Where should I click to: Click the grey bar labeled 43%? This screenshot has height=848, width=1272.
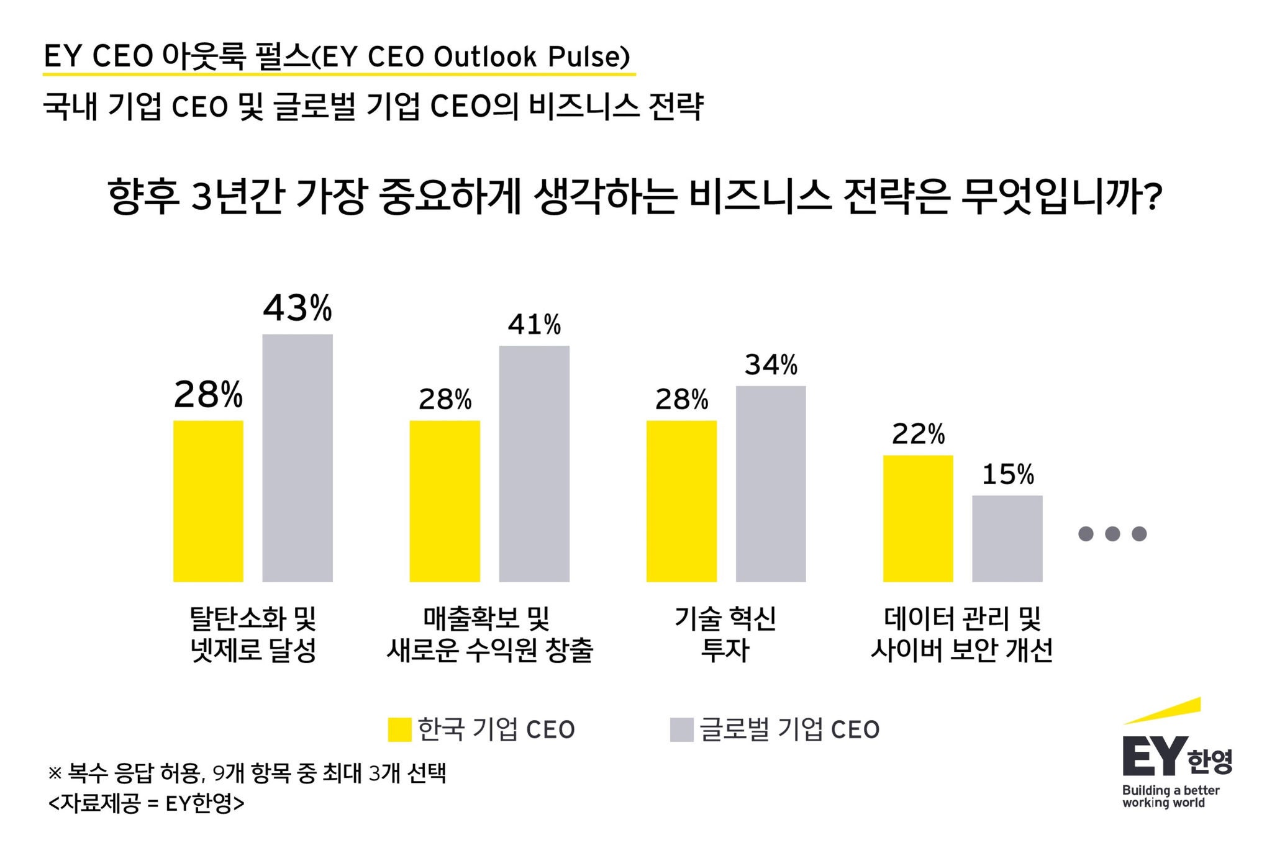point(298,458)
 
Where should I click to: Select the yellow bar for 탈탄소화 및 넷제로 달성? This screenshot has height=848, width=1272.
point(208,501)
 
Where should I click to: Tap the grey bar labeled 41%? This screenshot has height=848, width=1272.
point(534,463)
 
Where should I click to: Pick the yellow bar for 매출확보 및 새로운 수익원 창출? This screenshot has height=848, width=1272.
point(445,501)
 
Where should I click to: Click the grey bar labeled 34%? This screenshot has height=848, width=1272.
point(771,484)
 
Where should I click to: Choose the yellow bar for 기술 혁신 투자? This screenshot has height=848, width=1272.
point(681,501)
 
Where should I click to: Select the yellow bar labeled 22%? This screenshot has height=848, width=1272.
point(918,518)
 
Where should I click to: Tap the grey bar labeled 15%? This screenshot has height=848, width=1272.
point(1007,538)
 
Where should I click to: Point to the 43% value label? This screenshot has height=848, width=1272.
point(298,308)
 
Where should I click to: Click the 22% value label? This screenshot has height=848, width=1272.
point(918,434)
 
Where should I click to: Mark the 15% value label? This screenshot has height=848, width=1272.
point(1007,475)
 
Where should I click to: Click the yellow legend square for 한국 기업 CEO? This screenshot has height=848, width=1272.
point(399,729)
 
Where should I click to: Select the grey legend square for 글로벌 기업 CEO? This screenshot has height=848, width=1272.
point(681,729)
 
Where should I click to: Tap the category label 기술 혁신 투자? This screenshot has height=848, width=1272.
point(725,634)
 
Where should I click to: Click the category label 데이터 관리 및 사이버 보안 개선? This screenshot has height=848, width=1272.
point(961,634)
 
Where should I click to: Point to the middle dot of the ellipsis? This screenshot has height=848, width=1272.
point(1112,533)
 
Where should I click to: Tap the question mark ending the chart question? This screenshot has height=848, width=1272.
point(1152,197)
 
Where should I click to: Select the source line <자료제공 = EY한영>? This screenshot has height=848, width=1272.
point(147,804)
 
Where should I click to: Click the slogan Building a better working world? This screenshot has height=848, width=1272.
point(1170,796)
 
